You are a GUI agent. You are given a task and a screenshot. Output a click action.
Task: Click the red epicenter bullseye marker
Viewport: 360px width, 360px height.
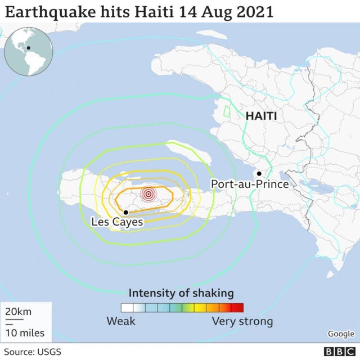tap(148, 194)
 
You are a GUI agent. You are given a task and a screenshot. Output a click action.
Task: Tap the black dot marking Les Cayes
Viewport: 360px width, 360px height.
tap(126, 212)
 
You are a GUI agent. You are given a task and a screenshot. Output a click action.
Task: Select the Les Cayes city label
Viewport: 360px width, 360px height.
tap(117, 223)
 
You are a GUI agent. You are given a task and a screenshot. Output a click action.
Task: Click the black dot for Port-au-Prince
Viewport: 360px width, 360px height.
tap(259, 173)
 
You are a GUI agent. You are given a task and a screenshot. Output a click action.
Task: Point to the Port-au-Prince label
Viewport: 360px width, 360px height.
tap(250, 184)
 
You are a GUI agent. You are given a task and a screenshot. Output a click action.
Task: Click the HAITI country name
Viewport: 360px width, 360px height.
tap(261, 116)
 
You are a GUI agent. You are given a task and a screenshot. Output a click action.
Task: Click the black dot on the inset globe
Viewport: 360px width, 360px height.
tap(28, 48)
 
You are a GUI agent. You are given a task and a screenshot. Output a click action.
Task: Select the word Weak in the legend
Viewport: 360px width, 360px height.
tap(121, 322)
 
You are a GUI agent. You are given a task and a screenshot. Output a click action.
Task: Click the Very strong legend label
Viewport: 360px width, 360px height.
tap(242, 322)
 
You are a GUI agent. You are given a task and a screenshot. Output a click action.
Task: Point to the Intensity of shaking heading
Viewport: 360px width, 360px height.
tap(181, 293)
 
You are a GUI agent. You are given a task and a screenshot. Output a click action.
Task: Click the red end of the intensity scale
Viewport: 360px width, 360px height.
tap(237, 308)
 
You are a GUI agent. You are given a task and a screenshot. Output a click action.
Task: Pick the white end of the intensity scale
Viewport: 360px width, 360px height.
tap(127, 308)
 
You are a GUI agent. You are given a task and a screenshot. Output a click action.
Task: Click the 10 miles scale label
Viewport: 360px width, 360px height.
tap(25, 333)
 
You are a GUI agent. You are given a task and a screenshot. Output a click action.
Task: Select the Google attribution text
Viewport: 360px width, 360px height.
tap(341, 334)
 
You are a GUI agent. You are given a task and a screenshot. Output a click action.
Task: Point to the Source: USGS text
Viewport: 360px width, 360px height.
tap(33, 352)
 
